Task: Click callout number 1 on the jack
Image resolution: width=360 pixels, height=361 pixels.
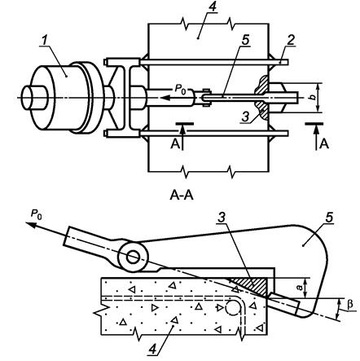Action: tap(45, 41)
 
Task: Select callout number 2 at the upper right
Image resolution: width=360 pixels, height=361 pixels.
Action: tap(291, 40)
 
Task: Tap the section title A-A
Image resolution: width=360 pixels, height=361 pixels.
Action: tap(182, 195)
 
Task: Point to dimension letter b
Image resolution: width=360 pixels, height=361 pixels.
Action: tap(313, 97)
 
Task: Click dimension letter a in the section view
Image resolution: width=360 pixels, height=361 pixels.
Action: tap(300, 287)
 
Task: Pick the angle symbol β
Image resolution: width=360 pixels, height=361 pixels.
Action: tap(350, 304)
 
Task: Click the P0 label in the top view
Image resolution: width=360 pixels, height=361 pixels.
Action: tap(181, 89)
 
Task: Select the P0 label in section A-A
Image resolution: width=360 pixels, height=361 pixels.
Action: tap(37, 214)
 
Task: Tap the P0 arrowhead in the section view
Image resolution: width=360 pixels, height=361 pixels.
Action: tap(31, 225)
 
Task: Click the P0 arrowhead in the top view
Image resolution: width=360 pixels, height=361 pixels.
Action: tap(165, 97)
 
